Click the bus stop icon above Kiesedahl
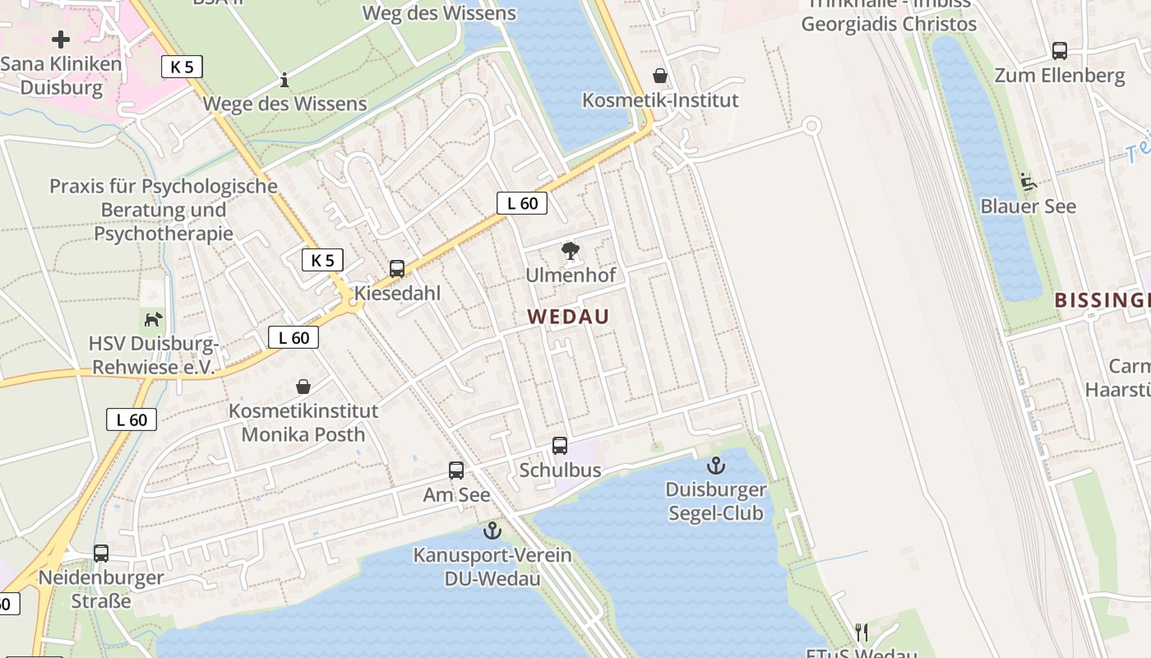point(397,269)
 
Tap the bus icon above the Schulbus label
point(560,446)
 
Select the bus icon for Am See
point(456,470)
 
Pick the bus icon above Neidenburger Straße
point(101,554)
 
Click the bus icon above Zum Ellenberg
point(1060,51)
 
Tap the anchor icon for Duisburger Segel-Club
point(716,466)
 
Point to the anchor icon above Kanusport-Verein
point(492,531)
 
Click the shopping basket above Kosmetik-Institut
point(659,76)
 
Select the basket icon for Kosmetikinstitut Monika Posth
point(303,387)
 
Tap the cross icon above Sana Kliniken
point(61,39)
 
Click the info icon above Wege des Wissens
point(284,80)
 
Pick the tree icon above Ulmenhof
point(570,251)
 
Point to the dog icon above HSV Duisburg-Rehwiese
point(153,319)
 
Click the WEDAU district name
point(568,317)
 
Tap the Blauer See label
point(1028,206)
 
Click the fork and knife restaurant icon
point(862,632)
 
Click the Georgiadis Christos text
point(889,24)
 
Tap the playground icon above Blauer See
point(1027,180)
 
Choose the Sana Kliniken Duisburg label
point(62,76)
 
